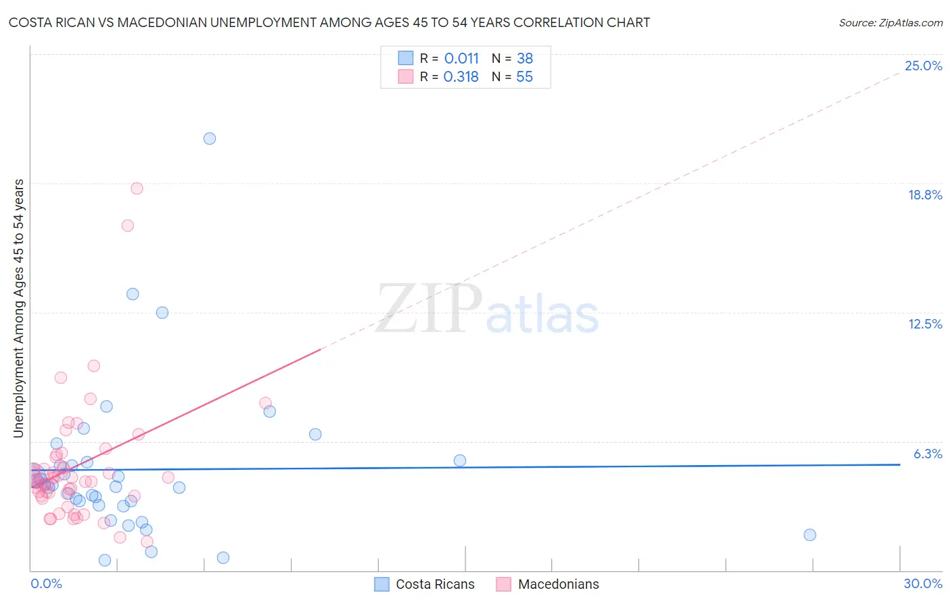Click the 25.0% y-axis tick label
point(923,66)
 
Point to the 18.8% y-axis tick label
point(925,195)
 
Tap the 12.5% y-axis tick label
point(925,324)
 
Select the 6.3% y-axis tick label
point(927,454)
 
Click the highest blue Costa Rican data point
point(210,139)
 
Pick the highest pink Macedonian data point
point(137,189)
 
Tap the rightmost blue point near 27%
point(810,535)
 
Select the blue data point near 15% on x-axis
point(460,461)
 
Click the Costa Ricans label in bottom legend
point(435,585)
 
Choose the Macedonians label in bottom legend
point(558,585)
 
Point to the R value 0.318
point(461,77)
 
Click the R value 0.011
point(461,59)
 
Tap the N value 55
point(524,77)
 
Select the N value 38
point(525,59)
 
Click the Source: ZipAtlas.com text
point(890,23)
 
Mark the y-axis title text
point(19,308)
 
